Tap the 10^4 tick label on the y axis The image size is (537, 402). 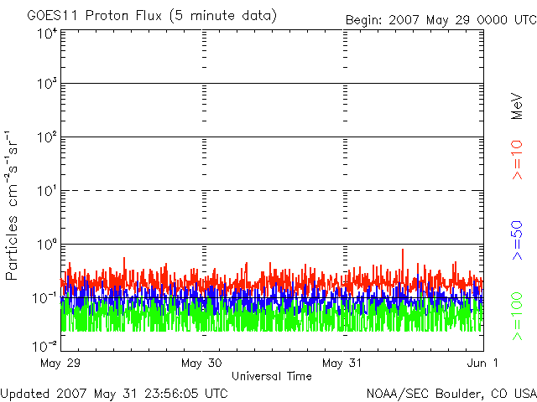(x=47, y=33)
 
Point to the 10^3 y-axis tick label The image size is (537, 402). (x=47, y=84)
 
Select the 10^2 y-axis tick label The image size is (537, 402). (x=47, y=137)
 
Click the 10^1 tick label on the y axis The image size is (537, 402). (x=47, y=191)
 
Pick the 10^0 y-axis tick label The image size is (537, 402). (x=47, y=245)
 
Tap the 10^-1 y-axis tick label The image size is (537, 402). (x=44, y=298)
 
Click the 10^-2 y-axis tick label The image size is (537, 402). (x=44, y=347)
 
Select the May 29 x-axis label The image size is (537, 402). (x=60, y=363)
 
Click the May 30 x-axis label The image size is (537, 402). (x=201, y=363)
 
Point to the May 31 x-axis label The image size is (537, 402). (x=342, y=363)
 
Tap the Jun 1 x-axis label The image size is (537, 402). (x=482, y=363)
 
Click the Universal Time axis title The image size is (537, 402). (x=272, y=376)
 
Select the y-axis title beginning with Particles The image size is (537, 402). (x=11, y=205)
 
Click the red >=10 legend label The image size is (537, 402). (x=517, y=160)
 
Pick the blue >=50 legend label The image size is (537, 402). (x=517, y=240)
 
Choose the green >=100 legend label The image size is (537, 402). (x=517, y=317)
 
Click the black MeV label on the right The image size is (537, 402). (x=517, y=106)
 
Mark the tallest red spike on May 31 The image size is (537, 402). (x=403, y=250)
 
